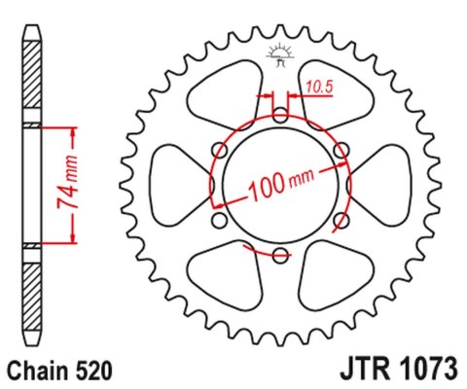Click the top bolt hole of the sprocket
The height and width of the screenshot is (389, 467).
click(x=280, y=116)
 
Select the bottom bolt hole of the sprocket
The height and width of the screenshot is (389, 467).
click(x=280, y=257)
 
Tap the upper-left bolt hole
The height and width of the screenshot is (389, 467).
click(x=219, y=151)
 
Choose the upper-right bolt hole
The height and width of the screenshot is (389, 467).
click(x=341, y=151)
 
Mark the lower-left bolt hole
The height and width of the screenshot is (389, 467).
click(x=219, y=222)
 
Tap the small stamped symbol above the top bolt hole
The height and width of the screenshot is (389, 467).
click(x=280, y=56)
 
